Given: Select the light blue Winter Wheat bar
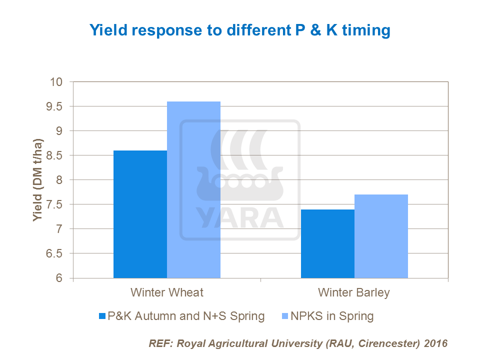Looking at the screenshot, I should click(193, 190).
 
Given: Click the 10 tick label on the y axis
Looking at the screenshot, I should click(60, 82).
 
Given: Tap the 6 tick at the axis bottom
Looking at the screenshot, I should click(62, 278).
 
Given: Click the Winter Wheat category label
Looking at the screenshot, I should click(167, 292).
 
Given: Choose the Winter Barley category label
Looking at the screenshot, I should click(354, 292).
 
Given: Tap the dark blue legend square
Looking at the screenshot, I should click(103, 316).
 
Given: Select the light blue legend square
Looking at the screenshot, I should click(285, 316).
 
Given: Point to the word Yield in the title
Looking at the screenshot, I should click(105, 30).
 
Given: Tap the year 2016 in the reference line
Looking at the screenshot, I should click(435, 344).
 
